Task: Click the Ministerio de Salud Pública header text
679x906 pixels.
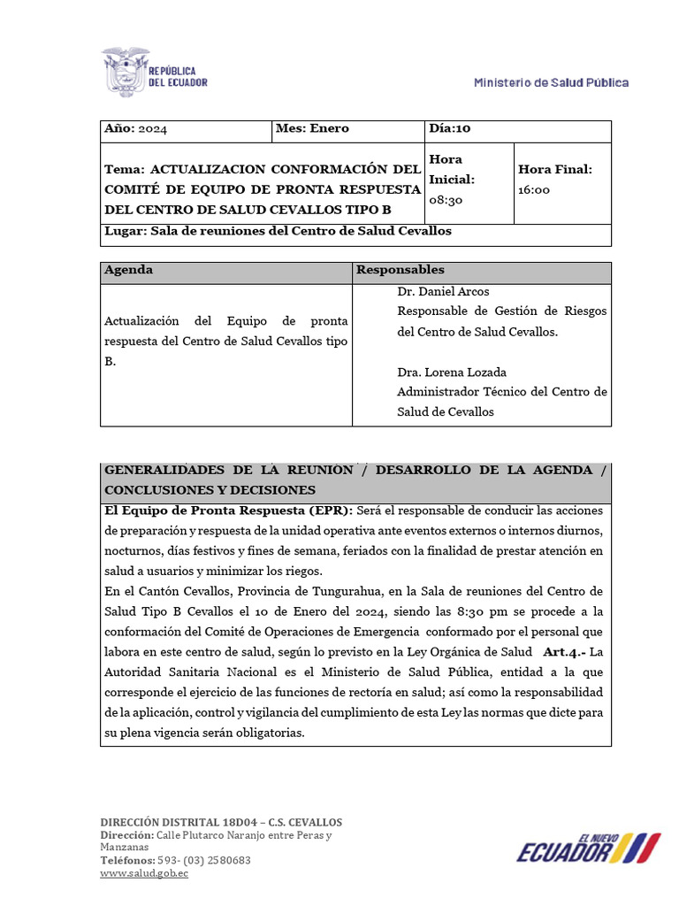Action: coord(551,82)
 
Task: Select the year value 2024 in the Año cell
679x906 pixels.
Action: coord(152,129)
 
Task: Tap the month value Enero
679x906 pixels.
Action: coord(329,128)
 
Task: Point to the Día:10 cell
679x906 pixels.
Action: coord(450,128)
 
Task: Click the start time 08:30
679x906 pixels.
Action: coord(446,200)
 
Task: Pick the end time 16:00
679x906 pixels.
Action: coord(534,189)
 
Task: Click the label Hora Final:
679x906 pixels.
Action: coord(554,169)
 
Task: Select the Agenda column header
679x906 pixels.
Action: coord(128,270)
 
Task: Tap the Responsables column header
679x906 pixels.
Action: coord(400,270)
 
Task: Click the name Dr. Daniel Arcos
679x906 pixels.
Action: coord(443,291)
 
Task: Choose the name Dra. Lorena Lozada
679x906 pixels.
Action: coord(452,372)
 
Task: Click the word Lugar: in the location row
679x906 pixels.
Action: coord(125,231)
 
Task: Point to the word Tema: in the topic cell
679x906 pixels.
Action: coord(125,169)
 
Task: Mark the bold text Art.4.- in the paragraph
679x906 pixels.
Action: coord(563,651)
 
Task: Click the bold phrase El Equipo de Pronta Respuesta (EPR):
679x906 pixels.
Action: coord(228,510)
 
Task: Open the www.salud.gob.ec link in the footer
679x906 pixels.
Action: coord(144,873)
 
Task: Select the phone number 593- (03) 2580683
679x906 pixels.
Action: coord(203,860)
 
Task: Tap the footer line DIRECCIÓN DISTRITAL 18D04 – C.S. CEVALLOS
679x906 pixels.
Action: coord(221,822)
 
